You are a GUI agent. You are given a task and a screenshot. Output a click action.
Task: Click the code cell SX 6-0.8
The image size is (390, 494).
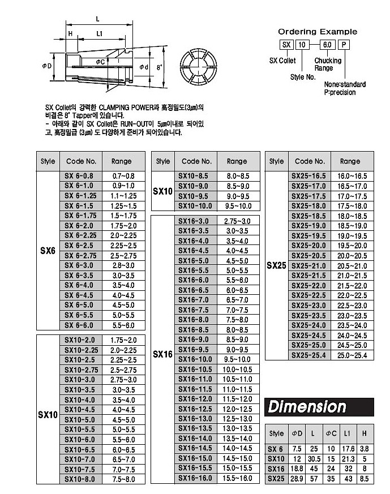pyautogui.click(x=79, y=176)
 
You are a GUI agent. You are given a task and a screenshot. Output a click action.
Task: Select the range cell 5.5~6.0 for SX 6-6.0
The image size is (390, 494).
pyautogui.click(x=124, y=325)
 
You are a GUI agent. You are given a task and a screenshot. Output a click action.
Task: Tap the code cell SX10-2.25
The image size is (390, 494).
pyautogui.click(x=80, y=350)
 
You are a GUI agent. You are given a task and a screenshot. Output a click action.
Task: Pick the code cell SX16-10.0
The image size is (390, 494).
pyautogui.click(x=195, y=359)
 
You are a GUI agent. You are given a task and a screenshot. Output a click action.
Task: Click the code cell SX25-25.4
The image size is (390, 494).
pyautogui.click(x=308, y=355)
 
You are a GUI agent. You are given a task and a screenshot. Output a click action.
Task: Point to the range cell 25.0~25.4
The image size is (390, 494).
pyautogui.click(x=352, y=355)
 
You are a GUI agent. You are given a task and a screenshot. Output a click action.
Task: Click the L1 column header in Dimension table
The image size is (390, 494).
pyautogui.click(x=348, y=434)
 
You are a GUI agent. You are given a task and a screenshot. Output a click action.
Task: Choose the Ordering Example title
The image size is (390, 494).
pyautogui.click(x=318, y=32)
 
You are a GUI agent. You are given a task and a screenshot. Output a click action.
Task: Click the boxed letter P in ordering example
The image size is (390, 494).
pyautogui.click(x=345, y=44)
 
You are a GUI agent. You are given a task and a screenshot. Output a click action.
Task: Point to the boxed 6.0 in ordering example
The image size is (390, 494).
pyautogui.click(x=327, y=44)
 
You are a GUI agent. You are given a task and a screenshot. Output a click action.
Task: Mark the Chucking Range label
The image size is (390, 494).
pyautogui.click(x=328, y=64)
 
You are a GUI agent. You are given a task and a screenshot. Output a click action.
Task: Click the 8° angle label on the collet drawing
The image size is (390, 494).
pyautogui.click(x=160, y=67)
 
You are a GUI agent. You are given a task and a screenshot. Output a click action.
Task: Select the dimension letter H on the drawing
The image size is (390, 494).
pyautogui.click(x=70, y=34)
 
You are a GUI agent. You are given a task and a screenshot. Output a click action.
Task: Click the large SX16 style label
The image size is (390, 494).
pyautogui.click(x=162, y=354)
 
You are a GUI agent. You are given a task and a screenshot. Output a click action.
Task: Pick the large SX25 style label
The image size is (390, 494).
pyautogui.click(x=277, y=265)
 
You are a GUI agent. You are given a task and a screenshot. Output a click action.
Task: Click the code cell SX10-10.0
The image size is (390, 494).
pyautogui.click(x=195, y=206)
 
